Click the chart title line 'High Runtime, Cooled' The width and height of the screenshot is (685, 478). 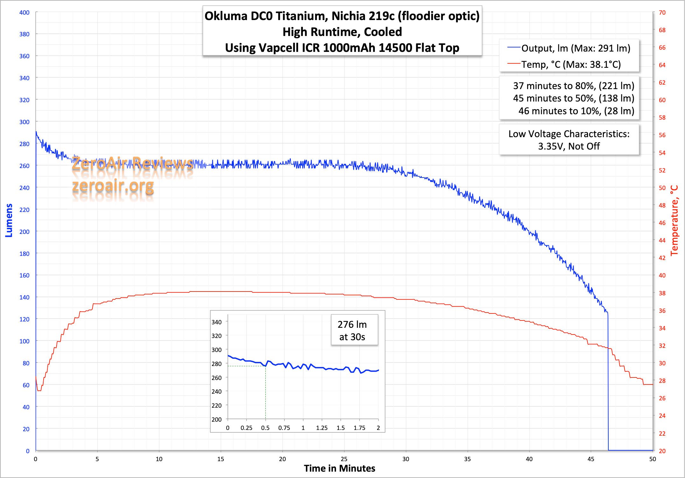[342, 32]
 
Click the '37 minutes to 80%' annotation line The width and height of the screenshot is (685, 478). [573, 86]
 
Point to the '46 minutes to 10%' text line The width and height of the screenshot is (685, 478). [576, 111]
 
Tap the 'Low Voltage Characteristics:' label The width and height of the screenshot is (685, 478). [569, 134]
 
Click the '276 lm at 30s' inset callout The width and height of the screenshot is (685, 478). [352, 330]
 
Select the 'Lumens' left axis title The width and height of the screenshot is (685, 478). [9, 220]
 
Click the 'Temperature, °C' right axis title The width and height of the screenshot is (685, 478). [675, 220]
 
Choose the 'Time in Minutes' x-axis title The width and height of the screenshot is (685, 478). [339, 468]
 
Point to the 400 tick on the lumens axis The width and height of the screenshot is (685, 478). [24, 12]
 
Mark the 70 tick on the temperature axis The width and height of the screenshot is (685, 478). [662, 12]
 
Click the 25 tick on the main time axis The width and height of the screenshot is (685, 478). [344, 459]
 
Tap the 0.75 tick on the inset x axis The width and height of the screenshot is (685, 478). [284, 428]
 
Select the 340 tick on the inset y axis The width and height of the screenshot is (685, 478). [217, 322]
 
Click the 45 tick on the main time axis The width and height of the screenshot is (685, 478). [591, 459]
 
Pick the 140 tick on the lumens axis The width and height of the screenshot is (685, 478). [24, 297]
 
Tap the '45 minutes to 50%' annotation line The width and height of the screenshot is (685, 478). [573, 98]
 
